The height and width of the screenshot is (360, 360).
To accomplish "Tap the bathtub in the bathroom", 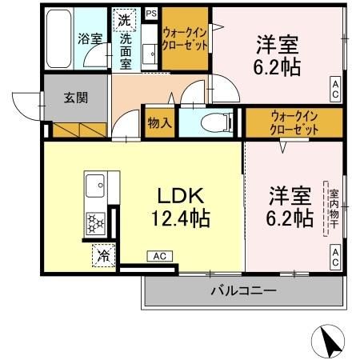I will (x=59, y=38).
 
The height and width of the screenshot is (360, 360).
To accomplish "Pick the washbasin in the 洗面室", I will (x=150, y=53).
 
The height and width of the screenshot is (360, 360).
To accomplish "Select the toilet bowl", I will (x=210, y=122).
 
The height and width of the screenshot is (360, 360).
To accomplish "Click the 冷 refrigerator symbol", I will (x=103, y=257).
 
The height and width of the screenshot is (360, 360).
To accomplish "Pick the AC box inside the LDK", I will (x=158, y=256).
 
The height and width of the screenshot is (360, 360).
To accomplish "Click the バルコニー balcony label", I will (x=244, y=290).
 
